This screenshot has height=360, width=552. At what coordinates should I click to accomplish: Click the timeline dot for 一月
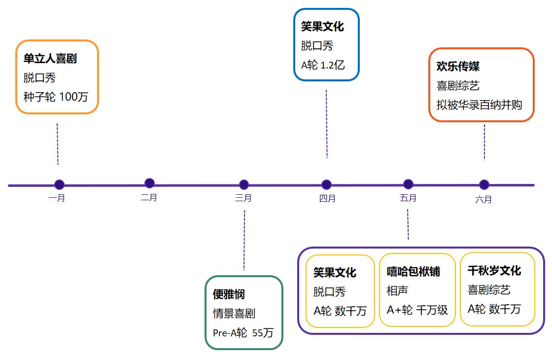point(59,184)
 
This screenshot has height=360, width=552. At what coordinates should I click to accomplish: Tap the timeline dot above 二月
point(150,183)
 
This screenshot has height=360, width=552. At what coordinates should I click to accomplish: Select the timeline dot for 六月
point(484,184)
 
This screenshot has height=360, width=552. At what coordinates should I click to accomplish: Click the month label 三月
point(243,198)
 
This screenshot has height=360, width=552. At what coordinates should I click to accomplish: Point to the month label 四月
point(327,198)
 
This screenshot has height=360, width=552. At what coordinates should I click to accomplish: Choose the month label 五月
point(409,198)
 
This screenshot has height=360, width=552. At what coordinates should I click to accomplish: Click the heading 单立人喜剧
point(50,59)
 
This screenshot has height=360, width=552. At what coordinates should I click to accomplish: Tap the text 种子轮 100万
point(56,97)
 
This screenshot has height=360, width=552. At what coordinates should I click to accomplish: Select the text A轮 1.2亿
point(323,65)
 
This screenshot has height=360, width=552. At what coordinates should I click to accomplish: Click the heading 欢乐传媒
point(458,66)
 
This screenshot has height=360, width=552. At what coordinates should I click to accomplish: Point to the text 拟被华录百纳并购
point(479,105)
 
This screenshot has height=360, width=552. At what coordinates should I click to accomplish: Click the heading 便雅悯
point(229,294)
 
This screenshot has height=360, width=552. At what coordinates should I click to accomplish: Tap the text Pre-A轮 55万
point(243,332)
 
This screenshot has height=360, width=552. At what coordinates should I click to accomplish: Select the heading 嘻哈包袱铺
point(414,272)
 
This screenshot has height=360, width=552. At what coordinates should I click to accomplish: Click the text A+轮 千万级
point(417,310)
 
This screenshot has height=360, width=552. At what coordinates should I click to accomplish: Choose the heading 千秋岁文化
point(494,271)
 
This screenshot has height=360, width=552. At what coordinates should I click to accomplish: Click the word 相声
point(397,290)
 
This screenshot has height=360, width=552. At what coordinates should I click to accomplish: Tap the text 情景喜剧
point(234,314)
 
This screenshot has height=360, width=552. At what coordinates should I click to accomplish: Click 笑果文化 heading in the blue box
point(322,27)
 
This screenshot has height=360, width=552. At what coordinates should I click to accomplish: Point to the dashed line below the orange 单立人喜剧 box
point(57,144)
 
